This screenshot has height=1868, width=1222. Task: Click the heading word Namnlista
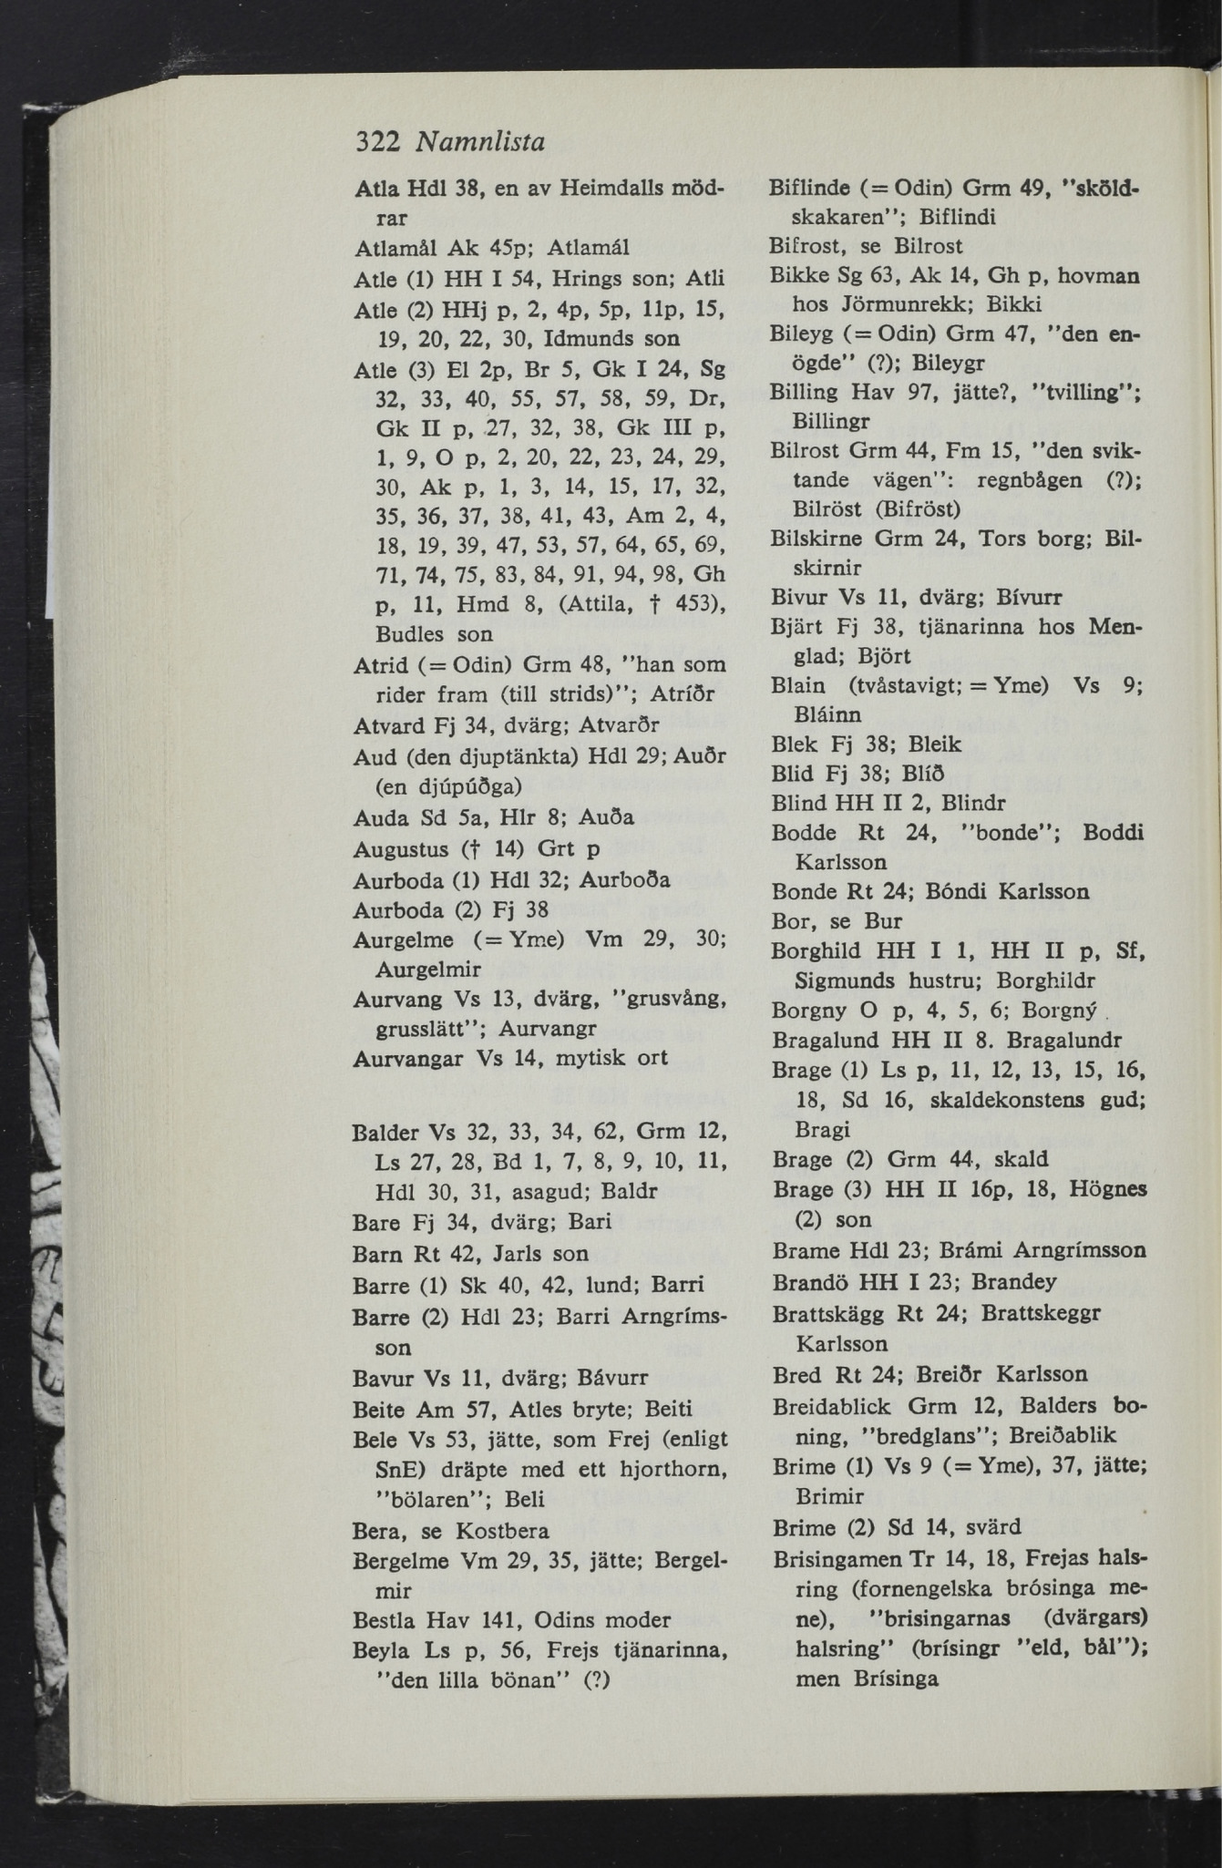479,142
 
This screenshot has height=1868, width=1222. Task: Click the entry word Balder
386,1134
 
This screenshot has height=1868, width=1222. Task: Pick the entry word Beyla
384,1650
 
